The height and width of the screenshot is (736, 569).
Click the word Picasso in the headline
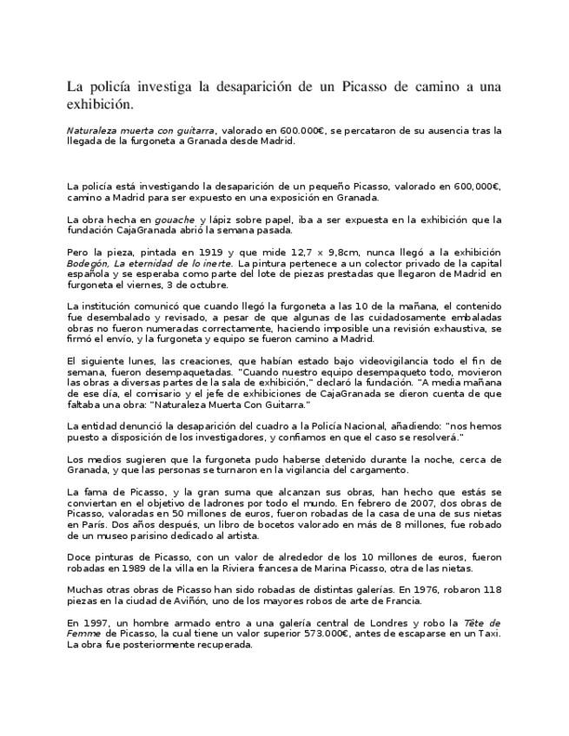[367, 88]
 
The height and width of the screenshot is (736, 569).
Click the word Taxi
[489, 634]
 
